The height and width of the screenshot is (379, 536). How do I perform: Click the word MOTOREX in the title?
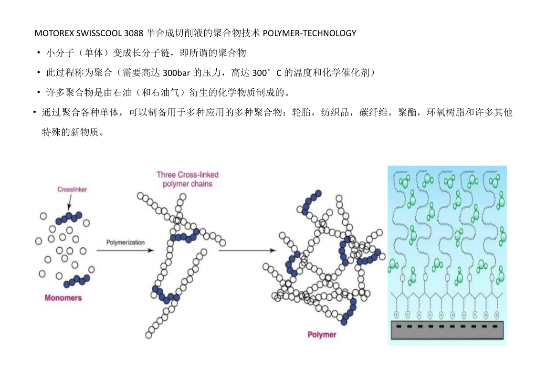(54, 33)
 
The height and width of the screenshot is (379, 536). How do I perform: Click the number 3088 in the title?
(134, 33)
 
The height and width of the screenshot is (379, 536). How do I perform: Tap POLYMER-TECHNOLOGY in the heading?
(310, 33)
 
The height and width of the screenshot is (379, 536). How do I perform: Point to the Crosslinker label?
(72, 189)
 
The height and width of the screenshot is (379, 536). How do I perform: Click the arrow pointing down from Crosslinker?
(70, 202)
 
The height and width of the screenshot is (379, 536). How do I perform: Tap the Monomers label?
(63, 298)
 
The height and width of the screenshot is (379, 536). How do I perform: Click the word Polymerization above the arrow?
(125, 242)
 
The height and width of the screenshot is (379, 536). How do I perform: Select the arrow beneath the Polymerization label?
(125, 251)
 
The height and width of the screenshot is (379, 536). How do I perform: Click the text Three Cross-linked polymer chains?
(187, 179)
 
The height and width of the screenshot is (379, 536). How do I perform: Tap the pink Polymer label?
(322, 335)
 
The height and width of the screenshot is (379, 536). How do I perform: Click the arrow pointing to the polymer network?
(247, 251)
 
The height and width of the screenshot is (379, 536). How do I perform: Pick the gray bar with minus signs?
(447, 330)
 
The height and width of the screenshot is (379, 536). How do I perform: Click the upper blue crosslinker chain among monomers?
(69, 218)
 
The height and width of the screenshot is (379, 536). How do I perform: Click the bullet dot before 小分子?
(39, 53)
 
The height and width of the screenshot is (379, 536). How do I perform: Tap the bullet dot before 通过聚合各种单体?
(34, 112)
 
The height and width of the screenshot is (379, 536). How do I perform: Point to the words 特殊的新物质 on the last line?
(71, 132)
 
